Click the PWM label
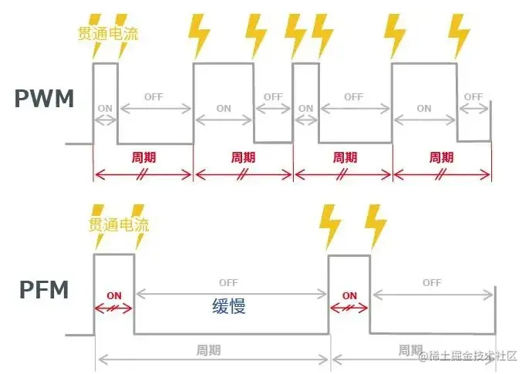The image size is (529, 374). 44,99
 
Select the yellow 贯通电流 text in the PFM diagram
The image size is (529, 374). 118,225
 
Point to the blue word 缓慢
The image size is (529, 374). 229,305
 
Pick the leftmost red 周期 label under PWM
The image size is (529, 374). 143,157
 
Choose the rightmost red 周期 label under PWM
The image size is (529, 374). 442,157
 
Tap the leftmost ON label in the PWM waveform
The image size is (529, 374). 104,109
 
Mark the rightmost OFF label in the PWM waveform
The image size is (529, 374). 473,97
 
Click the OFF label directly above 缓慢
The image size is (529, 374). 228,282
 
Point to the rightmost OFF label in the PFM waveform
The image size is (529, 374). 432,283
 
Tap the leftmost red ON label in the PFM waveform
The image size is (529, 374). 114,295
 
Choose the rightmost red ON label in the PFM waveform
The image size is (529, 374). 349,295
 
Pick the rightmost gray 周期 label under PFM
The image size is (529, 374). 410,349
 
